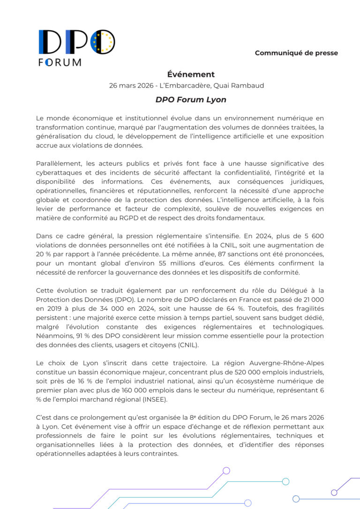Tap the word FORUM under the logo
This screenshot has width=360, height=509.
(60, 62)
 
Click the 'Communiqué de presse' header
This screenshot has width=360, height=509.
(296, 53)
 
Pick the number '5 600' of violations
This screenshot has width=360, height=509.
(312, 236)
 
